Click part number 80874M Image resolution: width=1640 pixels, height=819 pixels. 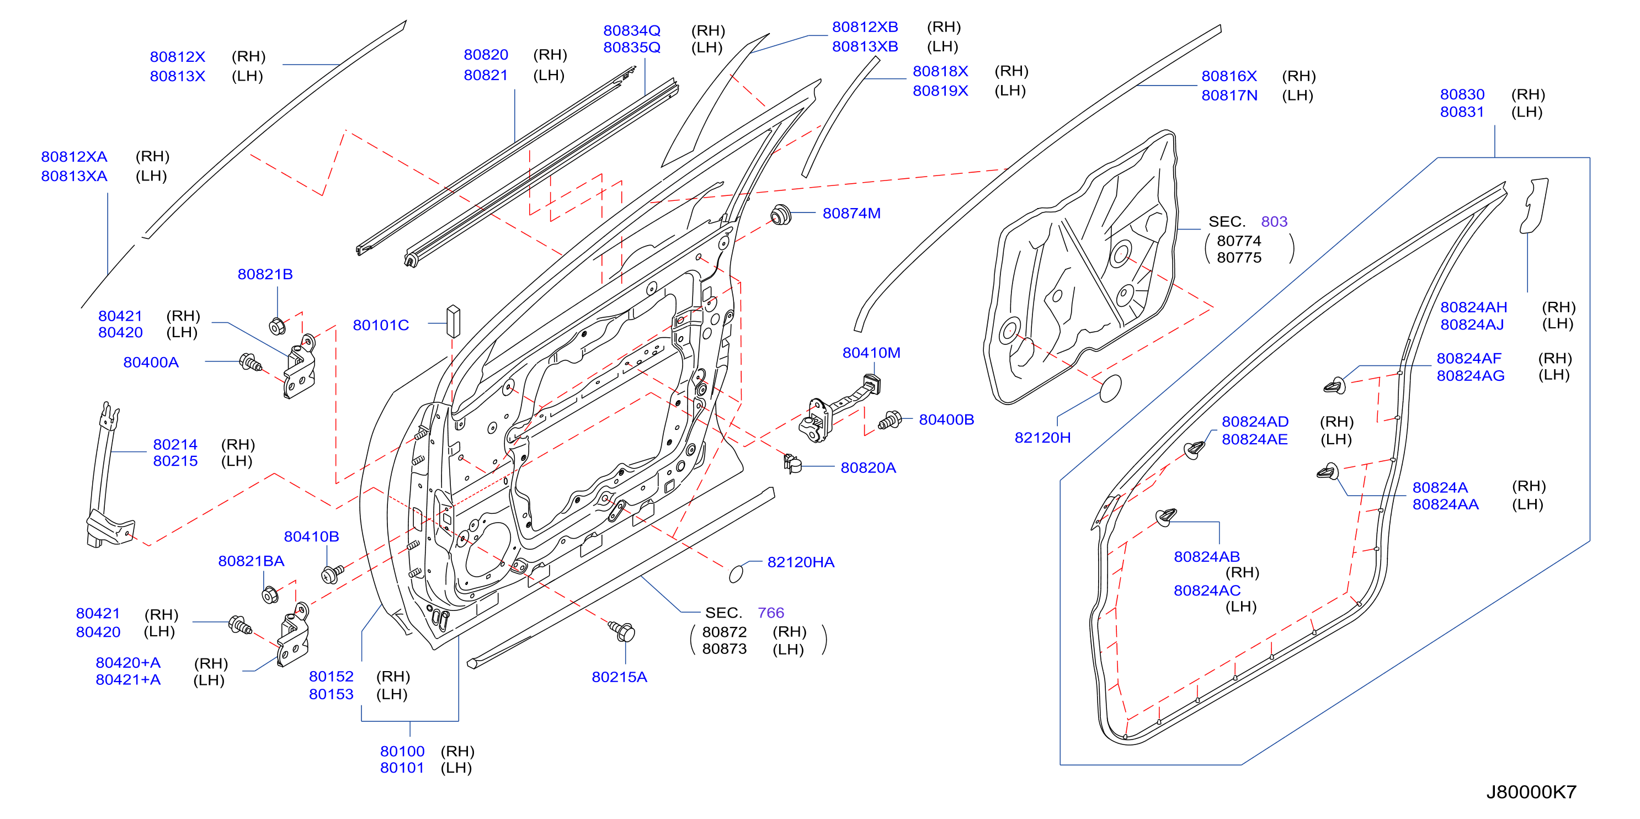[851, 214]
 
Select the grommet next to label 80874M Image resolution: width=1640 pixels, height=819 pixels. [780, 215]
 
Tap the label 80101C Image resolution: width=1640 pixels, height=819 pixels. [381, 326]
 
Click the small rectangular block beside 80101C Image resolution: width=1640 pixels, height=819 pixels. [452, 321]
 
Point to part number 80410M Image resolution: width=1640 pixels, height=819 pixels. [871, 353]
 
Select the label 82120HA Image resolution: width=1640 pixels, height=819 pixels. [800, 562]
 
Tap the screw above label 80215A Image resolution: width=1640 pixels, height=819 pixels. [622, 631]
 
